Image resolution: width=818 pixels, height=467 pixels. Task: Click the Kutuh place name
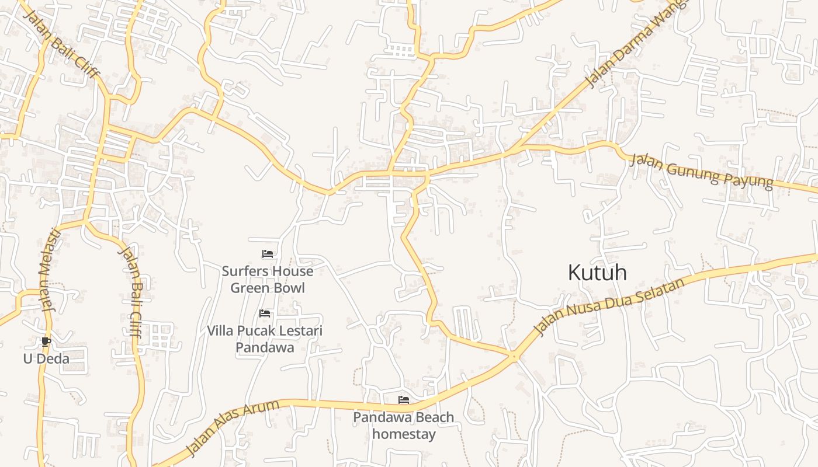pos(597,273)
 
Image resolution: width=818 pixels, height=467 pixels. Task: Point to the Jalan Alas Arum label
pos(233,428)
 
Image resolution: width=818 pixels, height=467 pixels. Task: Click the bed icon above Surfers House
pos(268,254)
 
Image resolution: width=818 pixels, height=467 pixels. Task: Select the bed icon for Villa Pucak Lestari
pos(265,313)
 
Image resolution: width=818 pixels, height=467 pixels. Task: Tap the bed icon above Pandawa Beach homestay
pos(403,400)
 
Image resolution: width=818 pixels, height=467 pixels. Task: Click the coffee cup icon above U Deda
pos(46,341)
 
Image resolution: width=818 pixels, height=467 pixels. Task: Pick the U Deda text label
pos(46,358)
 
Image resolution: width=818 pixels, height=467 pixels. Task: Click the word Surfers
pos(245,271)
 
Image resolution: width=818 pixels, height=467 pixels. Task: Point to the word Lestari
pos(301,331)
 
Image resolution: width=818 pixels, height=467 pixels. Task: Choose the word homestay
pos(404,434)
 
